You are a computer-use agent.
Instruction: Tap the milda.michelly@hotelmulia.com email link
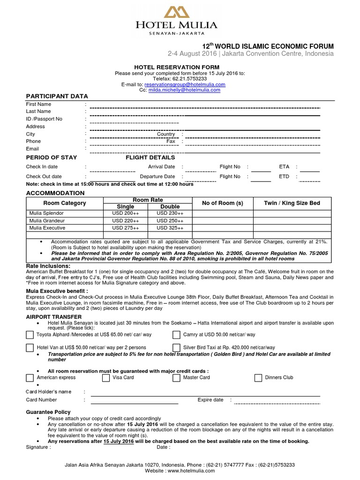click(184, 90)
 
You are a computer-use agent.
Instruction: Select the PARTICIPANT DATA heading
click(57, 96)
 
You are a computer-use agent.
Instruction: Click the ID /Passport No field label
click(44, 119)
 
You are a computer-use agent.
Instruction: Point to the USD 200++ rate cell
click(125, 213)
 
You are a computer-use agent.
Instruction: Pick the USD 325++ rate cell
click(170, 228)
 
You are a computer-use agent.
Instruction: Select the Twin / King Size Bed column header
click(292, 203)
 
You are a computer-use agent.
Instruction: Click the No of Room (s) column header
click(223, 203)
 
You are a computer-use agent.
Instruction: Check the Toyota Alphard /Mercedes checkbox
click(30, 335)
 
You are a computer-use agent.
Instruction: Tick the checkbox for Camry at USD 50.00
click(176, 335)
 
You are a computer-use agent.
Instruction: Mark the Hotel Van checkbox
click(30, 347)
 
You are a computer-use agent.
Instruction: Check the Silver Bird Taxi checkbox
click(176, 347)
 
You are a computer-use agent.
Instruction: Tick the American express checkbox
click(30, 377)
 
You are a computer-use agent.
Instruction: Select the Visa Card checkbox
click(105, 377)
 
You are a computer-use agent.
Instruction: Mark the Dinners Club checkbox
click(258, 377)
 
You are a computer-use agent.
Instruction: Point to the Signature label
click(37, 447)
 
